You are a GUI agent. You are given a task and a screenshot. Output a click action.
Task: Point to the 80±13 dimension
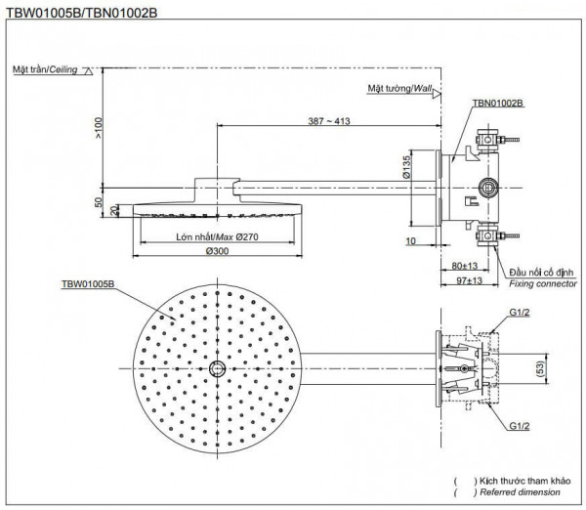[467, 266]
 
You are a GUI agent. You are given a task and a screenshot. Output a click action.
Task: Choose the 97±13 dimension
[469, 280]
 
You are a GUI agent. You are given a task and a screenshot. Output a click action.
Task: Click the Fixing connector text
[543, 283]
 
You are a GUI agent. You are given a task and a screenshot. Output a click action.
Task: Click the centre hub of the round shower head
[215, 369]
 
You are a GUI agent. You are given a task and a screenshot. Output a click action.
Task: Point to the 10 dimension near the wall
[412, 239]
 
